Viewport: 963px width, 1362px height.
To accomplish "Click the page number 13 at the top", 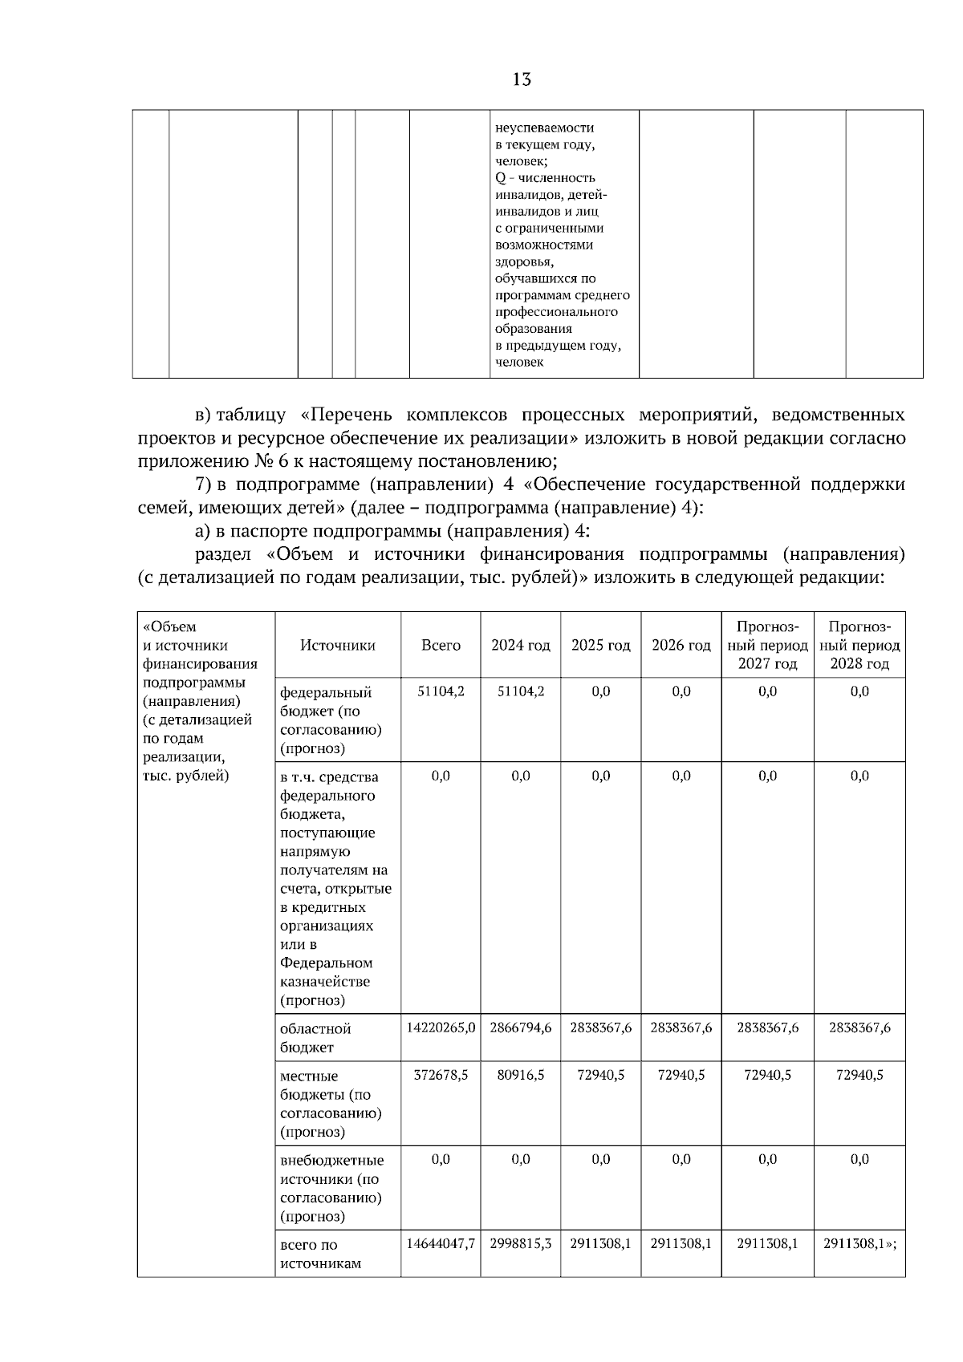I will coord(521,79).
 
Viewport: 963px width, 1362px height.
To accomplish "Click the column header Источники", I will coord(338,646).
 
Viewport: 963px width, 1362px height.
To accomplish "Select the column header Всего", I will coord(441,646).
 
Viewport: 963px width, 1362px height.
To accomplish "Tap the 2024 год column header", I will coord(521,646).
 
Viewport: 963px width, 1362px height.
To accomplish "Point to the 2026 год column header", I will coord(681,646).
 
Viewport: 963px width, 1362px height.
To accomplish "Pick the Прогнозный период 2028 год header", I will coord(859,645).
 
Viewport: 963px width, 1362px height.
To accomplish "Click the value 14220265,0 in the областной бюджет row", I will coord(441,1028).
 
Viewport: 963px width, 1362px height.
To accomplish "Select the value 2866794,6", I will coord(521,1028).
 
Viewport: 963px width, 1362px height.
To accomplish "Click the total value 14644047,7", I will coord(441,1245).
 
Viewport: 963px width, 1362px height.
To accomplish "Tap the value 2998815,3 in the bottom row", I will coord(521,1245).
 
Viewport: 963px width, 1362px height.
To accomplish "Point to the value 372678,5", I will coord(441,1076).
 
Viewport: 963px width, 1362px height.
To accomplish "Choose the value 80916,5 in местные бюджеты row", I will coord(521,1076).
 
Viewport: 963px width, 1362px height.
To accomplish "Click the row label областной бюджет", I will coord(315,1038).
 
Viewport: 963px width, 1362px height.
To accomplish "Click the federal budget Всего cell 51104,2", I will coord(441,691).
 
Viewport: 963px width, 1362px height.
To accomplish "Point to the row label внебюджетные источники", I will coord(331,1170).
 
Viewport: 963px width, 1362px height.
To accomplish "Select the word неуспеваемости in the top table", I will coord(545,128).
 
